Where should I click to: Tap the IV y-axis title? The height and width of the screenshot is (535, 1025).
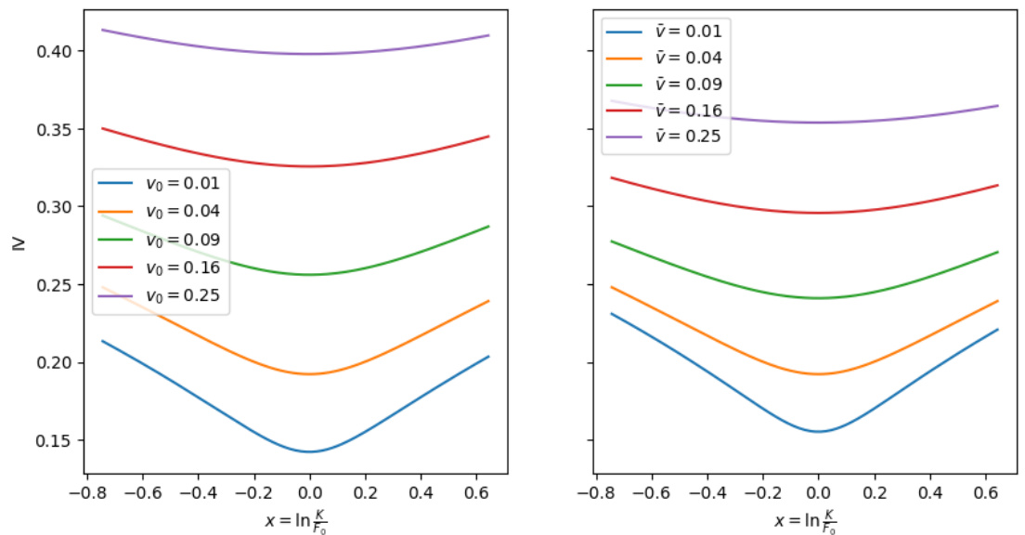point(18,245)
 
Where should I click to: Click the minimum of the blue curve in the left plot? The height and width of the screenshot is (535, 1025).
point(310,451)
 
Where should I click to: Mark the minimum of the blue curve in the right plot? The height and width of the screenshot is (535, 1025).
point(818,431)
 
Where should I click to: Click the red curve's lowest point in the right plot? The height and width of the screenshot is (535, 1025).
point(818,213)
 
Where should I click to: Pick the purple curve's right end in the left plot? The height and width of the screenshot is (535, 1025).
point(488,35)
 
